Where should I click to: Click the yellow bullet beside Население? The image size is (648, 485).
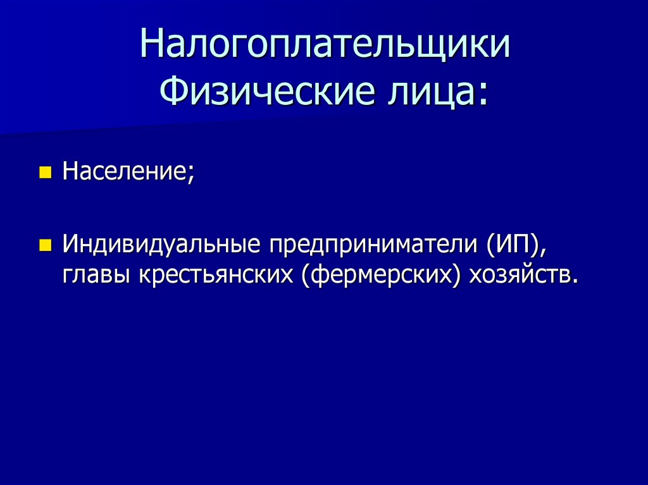[x=44, y=172]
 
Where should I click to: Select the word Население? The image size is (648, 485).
[x=125, y=171]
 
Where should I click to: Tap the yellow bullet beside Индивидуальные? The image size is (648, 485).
[x=44, y=245]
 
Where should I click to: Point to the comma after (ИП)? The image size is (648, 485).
[x=541, y=252]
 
